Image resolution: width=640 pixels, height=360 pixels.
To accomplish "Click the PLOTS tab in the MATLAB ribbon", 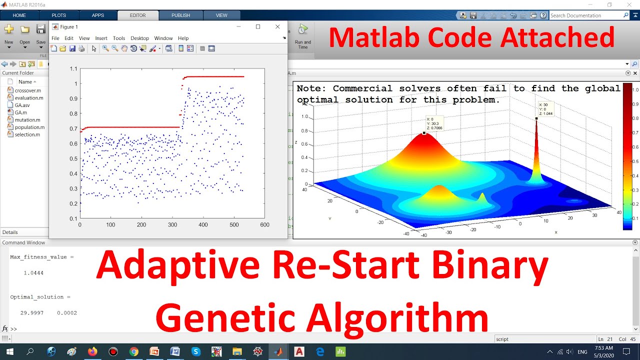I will (58, 15).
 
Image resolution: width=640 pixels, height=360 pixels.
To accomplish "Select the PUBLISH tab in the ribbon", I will (180, 15).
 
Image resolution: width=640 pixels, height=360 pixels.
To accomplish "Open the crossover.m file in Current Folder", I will (27, 90).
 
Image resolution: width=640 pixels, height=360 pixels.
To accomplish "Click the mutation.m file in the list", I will (27, 120).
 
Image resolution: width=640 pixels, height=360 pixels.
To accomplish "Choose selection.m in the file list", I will (27, 134).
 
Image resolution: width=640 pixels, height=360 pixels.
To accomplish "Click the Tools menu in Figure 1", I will (119, 38).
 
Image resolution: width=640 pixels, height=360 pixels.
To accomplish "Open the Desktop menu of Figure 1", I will (139, 38).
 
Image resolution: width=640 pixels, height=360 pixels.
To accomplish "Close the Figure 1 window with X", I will (277, 27).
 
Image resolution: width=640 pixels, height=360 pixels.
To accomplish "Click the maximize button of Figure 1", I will (258, 27).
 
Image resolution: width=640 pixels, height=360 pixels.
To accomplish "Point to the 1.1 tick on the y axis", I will (73, 68).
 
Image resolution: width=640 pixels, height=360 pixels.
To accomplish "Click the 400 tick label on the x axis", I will (203, 225).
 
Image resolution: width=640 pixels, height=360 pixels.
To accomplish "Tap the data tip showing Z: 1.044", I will (545, 109).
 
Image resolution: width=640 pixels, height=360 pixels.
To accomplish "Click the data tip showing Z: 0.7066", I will (434, 123).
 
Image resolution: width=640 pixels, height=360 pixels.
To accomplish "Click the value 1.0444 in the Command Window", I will (33, 273).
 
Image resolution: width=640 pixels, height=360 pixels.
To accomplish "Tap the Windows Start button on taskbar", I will (9, 352).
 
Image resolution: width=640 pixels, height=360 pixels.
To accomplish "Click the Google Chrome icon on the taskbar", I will (133, 352).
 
